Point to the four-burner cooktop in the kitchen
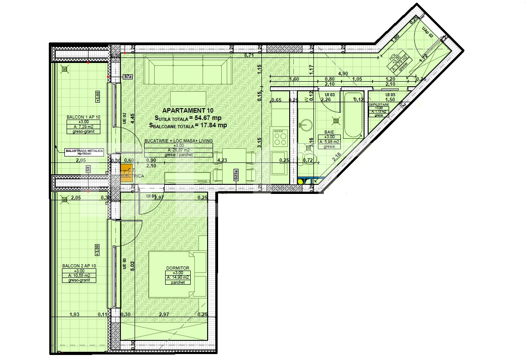280,136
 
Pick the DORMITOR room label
178,268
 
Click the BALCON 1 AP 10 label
83,117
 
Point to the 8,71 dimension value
249,55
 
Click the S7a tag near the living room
128,77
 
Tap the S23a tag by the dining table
236,175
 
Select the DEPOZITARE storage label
379,104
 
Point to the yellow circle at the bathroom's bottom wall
300,181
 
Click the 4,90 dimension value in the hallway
343,73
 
